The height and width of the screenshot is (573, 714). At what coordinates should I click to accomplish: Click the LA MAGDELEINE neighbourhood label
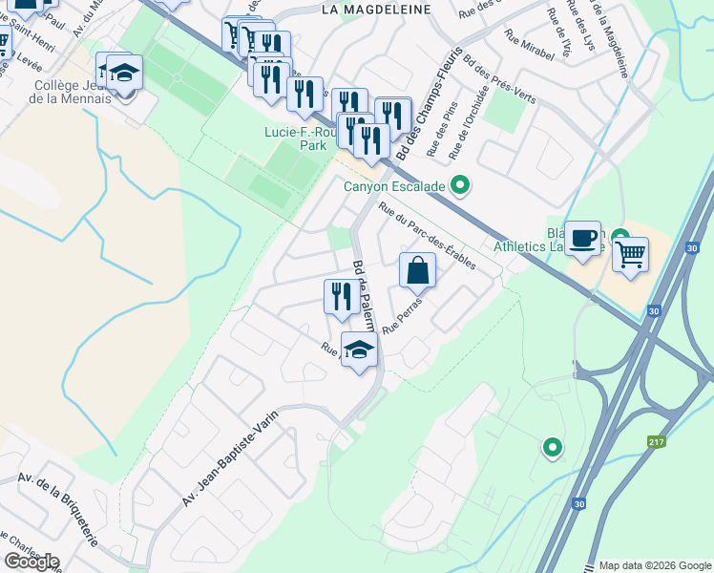(x=376, y=9)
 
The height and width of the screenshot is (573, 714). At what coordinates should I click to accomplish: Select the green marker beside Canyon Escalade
(x=461, y=185)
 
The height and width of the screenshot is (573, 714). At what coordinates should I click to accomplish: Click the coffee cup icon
(x=582, y=238)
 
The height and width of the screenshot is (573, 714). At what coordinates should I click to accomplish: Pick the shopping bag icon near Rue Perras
(x=417, y=270)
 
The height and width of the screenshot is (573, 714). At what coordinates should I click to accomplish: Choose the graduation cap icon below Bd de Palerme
(x=359, y=350)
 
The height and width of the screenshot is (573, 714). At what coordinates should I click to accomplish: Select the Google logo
(x=31, y=562)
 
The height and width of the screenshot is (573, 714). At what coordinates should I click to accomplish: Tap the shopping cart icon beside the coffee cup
(x=629, y=254)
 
